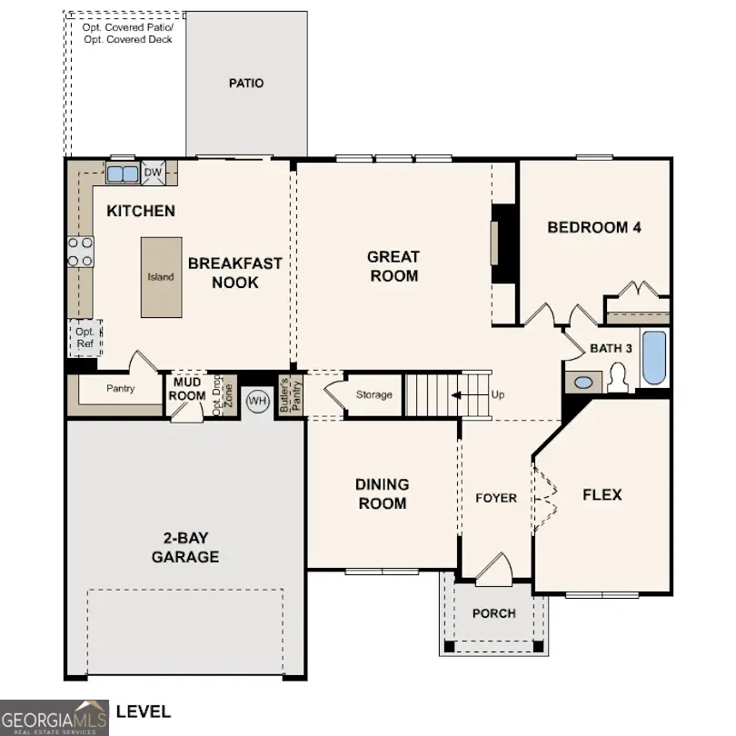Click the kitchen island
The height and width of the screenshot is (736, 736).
click(160, 277)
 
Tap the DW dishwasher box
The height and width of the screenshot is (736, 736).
click(153, 172)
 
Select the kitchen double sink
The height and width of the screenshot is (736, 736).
click(122, 173)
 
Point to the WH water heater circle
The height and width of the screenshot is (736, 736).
click(258, 401)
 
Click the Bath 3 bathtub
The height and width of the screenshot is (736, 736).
click(653, 358)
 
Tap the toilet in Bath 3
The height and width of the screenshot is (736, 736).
click(619, 377)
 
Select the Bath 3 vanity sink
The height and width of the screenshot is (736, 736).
click(582, 382)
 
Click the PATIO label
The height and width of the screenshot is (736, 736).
click(245, 84)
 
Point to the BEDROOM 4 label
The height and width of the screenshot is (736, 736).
click(594, 227)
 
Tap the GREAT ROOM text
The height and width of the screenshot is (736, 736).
click(393, 266)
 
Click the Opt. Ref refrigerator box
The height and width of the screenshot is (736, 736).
click(85, 338)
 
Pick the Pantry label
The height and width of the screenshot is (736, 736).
click(120, 389)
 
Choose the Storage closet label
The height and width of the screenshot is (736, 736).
click(373, 394)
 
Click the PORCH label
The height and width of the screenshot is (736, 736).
click(493, 613)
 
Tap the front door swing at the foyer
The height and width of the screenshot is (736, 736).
click(495, 567)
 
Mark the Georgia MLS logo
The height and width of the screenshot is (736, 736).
click(55, 716)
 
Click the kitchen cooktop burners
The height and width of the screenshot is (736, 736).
click(80, 252)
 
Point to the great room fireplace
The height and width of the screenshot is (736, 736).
click(497, 244)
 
